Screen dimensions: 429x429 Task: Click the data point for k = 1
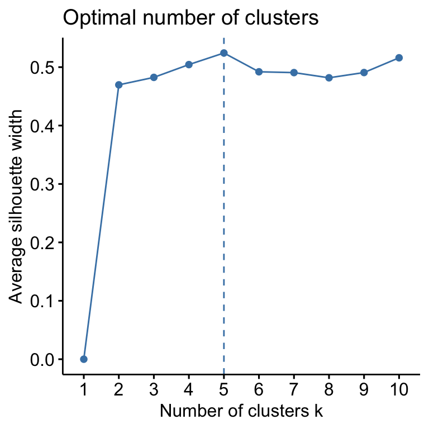(x=84, y=359)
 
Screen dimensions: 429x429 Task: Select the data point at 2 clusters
(x=119, y=85)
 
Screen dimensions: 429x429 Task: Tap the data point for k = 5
(x=224, y=53)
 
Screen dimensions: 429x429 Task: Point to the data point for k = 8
(x=329, y=78)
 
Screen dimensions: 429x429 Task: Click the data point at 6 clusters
(x=259, y=71)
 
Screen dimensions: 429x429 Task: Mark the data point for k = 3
(x=154, y=77)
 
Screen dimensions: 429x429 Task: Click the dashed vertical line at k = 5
(x=224, y=223)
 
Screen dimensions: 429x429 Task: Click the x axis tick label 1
(x=84, y=389)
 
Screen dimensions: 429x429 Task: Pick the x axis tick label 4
(x=189, y=389)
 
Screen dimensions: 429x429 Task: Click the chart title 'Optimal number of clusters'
(x=190, y=18)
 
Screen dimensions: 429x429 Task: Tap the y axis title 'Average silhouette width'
(x=17, y=207)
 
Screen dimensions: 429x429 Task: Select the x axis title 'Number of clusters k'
(x=241, y=412)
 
